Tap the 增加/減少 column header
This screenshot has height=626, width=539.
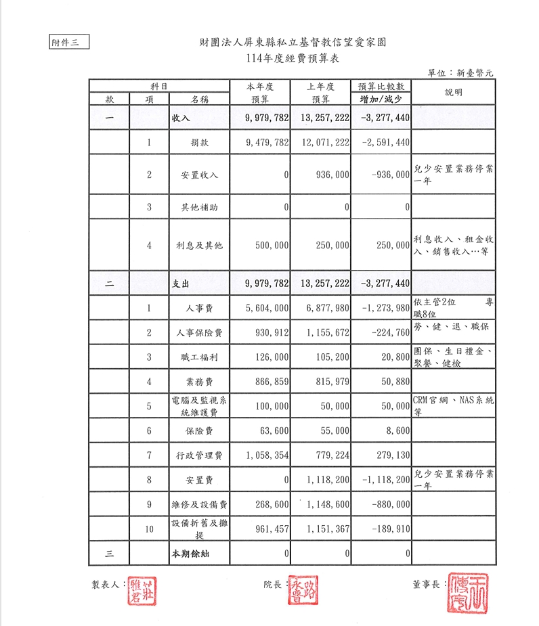381,99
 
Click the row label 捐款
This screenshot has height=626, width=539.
200,143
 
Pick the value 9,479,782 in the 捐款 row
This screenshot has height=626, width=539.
260,143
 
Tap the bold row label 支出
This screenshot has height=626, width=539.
181,284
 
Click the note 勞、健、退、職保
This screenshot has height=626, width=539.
451,328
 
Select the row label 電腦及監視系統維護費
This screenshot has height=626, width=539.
199,406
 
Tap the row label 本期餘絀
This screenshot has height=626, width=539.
189,554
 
